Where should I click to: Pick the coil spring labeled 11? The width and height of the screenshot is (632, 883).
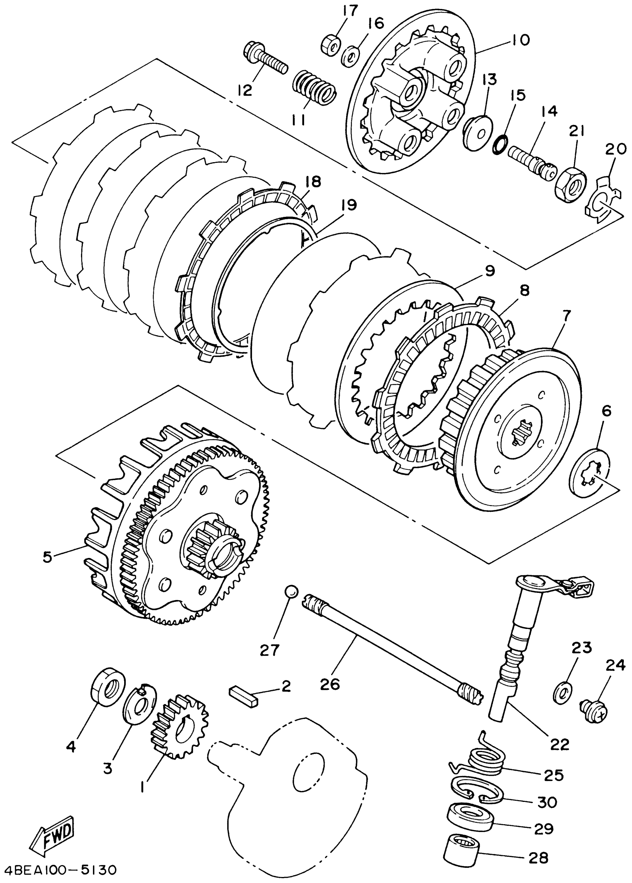click(x=314, y=89)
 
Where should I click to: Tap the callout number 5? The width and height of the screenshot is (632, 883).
click(x=47, y=557)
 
